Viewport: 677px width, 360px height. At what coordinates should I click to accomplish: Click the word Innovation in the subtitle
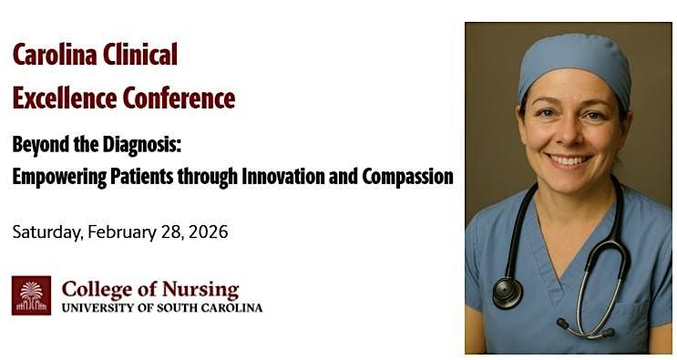(285, 177)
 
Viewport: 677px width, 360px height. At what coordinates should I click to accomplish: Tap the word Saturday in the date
(46, 232)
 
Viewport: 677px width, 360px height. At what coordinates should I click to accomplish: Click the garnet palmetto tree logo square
(31, 295)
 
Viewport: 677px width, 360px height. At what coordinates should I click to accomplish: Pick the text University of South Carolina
(161, 308)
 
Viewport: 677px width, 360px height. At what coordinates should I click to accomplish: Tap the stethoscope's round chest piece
(506, 292)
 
